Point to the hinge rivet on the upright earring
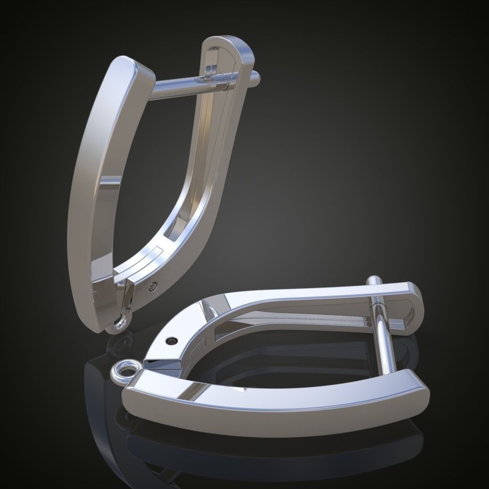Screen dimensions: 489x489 pyautogui.click(x=153, y=286)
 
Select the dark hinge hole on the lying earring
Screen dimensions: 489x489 pyautogui.click(x=172, y=340)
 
